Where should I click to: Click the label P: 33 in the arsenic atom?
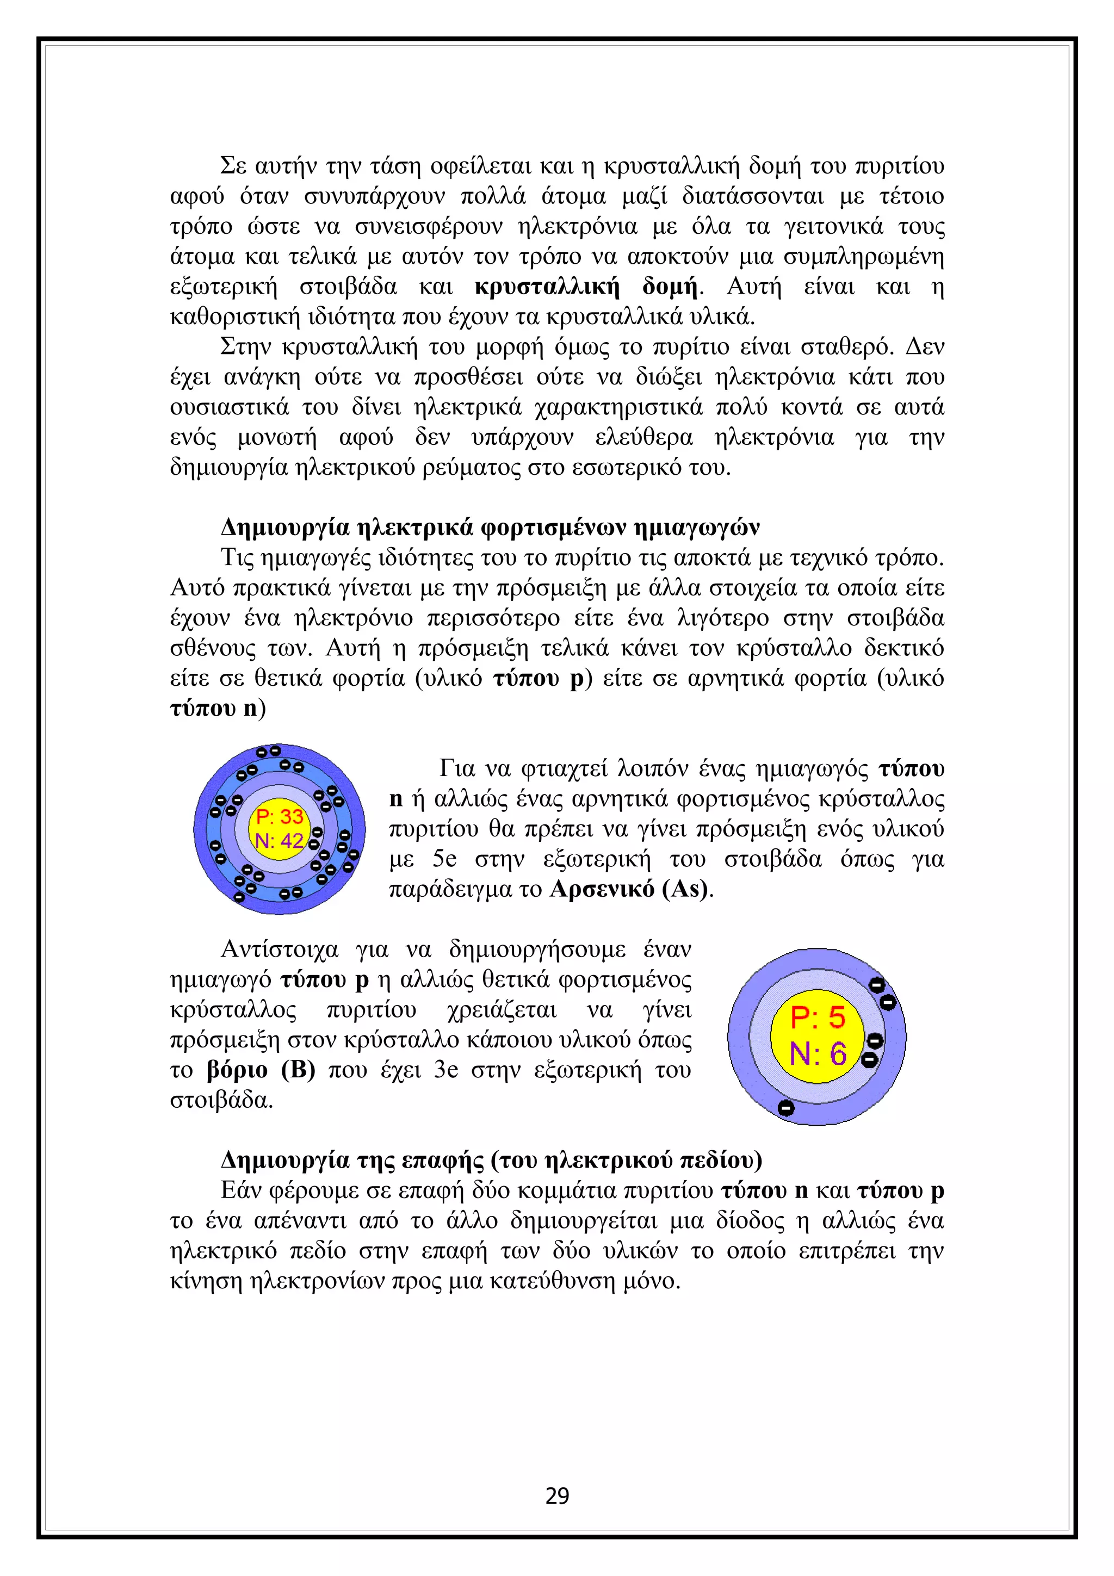click(280, 817)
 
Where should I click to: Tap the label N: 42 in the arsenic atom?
click(278, 841)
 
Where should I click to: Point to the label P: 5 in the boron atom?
click(818, 1018)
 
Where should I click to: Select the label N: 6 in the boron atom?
click(818, 1054)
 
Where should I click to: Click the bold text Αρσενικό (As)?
click(629, 890)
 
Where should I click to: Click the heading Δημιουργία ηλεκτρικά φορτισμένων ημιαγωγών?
click(490, 528)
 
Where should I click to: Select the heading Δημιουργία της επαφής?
click(491, 1161)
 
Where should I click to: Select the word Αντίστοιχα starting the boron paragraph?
click(280, 950)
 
